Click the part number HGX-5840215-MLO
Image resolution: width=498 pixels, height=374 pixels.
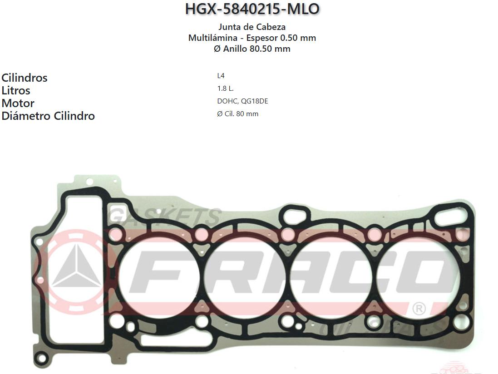coord(252,9)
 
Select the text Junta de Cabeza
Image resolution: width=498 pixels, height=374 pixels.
coord(252,27)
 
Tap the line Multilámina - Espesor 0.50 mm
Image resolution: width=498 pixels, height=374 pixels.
coord(252,38)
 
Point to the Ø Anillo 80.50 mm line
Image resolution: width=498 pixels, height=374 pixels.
coord(252,49)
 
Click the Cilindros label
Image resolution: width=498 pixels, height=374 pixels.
coord(25,78)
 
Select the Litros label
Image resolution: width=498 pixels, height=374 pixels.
coord(16,90)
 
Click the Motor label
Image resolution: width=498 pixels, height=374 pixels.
coord(18,103)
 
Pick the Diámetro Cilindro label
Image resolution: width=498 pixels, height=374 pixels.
coord(48,116)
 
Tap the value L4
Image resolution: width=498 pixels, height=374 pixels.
coord(221,76)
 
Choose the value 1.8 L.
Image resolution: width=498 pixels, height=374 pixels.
coord(226,89)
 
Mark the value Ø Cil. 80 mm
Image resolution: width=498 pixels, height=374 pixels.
coord(238,114)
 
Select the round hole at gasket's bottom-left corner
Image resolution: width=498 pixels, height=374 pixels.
coord(42,359)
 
